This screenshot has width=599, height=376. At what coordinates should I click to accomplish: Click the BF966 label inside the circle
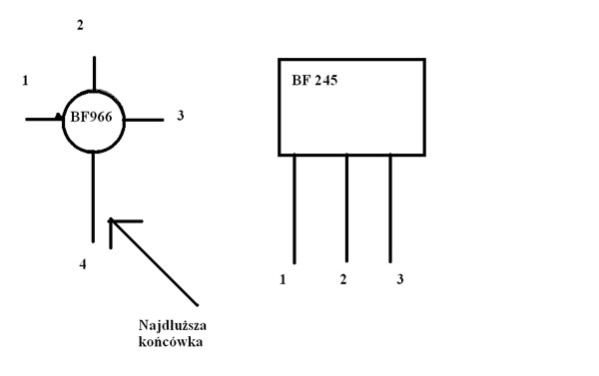(x=91, y=117)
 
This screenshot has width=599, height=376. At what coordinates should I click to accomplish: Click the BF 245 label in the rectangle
(x=314, y=80)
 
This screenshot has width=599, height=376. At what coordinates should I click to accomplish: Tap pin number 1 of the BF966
(x=25, y=81)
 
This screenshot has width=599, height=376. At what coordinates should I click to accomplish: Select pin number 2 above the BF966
(x=80, y=25)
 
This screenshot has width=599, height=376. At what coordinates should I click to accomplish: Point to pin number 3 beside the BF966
(x=181, y=116)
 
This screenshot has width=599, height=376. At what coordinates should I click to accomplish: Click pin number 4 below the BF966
(x=83, y=264)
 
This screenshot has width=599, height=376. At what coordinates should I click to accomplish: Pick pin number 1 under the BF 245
(x=283, y=280)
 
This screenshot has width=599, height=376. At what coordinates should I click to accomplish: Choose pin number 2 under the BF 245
(x=343, y=279)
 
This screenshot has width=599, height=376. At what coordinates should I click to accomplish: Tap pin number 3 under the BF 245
(x=400, y=279)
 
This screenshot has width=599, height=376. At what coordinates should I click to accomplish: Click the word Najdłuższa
(x=173, y=325)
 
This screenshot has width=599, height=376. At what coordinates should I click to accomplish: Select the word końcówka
(x=171, y=341)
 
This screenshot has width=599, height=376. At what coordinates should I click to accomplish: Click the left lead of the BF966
(x=44, y=120)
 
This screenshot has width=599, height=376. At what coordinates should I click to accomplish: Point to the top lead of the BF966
(x=95, y=73)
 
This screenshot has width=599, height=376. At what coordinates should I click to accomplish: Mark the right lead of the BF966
(x=144, y=120)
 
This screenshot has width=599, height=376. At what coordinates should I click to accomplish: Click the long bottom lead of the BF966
(x=93, y=196)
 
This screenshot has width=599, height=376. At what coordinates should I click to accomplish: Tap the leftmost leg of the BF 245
(x=295, y=208)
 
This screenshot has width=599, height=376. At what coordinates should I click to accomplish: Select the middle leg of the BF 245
(x=346, y=208)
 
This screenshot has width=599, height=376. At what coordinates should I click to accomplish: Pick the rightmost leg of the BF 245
(x=390, y=208)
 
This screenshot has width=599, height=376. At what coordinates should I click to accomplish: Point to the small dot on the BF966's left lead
(x=58, y=116)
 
